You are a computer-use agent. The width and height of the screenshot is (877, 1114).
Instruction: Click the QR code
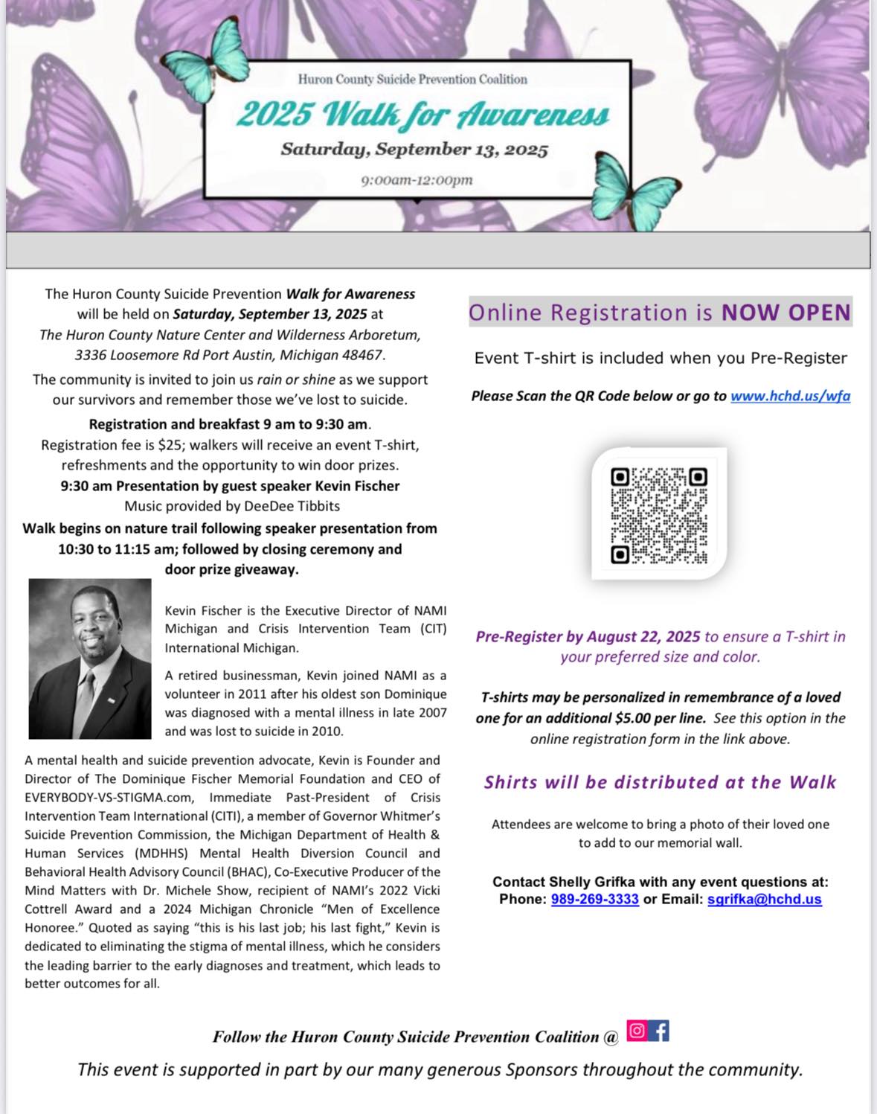point(659,515)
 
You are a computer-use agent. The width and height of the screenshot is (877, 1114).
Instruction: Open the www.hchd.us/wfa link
point(790,396)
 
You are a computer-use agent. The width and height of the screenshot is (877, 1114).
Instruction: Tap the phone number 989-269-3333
point(594,899)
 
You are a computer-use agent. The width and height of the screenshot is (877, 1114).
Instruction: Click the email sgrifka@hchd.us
point(764,899)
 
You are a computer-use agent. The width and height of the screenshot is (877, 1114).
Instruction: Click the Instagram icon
point(637,1031)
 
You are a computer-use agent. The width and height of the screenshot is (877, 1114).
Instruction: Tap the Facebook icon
point(659,1031)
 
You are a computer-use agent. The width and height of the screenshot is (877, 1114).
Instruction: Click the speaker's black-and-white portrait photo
point(90,659)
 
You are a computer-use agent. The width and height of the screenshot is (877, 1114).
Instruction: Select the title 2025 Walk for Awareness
point(423,115)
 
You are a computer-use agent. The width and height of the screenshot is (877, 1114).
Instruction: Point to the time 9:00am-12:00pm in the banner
point(417,180)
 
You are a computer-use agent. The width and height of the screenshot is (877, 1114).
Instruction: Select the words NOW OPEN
point(786,313)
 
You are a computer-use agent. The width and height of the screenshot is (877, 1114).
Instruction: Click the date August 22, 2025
point(643,636)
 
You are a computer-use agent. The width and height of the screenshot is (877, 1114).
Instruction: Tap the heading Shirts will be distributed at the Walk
point(660,782)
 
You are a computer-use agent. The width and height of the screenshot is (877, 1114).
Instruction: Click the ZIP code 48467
point(360,355)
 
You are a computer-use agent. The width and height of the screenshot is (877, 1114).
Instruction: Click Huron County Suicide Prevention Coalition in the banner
point(412,80)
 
